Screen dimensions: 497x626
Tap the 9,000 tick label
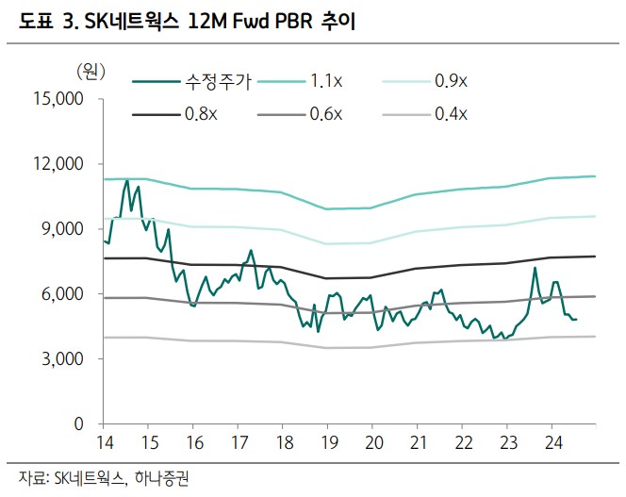pyautogui.click(x=65, y=229)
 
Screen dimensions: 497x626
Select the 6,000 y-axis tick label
pyautogui.click(x=65, y=294)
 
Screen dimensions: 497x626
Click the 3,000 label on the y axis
pyautogui.click(x=65, y=359)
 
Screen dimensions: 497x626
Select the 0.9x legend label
pyautogui.click(x=451, y=82)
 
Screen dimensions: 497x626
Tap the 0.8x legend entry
pyautogui.click(x=200, y=114)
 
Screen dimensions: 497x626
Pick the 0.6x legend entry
pyautogui.click(x=326, y=114)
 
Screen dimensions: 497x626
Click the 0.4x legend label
pyautogui.click(x=451, y=114)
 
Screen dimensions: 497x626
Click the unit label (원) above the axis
pyautogui.click(x=91, y=70)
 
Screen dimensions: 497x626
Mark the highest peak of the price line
pyautogui.click(x=126, y=181)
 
